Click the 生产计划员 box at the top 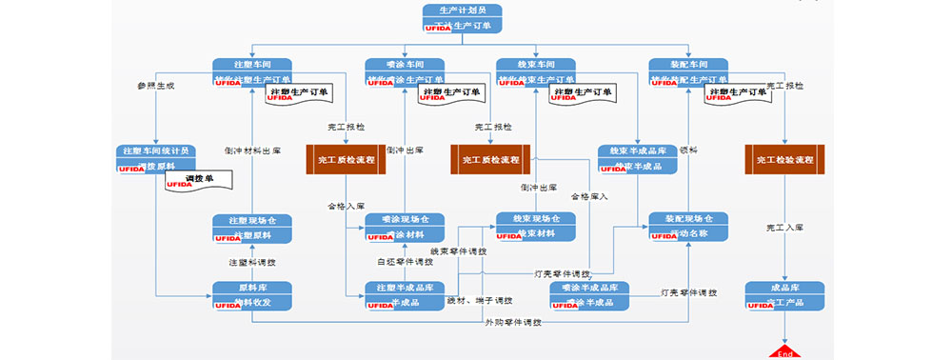[x=462, y=18]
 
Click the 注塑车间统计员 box [x=156, y=158]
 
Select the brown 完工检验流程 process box [x=784, y=159]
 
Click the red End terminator [x=785, y=350]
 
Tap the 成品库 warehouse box [x=784, y=294]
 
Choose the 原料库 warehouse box [x=251, y=294]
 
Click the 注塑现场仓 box [x=251, y=228]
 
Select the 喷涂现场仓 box [x=405, y=227]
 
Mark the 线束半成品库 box [x=637, y=158]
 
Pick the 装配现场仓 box [x=688, y=226]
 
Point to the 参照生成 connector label [x=156, y=86]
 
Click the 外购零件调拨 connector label [x=513, y=323]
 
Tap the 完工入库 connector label [x=785, y=229]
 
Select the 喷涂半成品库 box [x=589, y=294]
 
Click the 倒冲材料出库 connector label [x=251, y=150]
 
